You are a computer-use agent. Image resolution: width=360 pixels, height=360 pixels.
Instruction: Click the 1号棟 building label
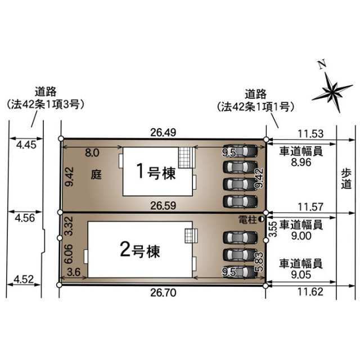pyautogui.click(x=156, y=172)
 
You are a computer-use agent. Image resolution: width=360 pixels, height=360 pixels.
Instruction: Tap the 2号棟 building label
pyautogui.click(x=139, y=250)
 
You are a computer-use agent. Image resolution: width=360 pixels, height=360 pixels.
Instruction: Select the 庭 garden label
pyautogui.click(x=96, y=174)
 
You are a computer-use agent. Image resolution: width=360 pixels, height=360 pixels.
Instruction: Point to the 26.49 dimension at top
pyautogui.click(x=163, y=133)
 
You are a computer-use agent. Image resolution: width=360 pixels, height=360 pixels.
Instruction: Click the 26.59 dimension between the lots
pyautogui.click(x=163, y=206)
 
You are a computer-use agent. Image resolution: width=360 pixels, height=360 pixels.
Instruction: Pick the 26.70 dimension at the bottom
pyautogui.click(x=163, y=292)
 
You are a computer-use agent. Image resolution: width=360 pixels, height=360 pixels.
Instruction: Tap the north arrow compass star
pyautogui.click(x=332, y=92)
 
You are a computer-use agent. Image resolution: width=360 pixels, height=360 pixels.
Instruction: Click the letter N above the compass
pyautogui.click(x=322, y=64)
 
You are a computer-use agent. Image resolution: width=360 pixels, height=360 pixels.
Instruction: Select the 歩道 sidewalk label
pyautogui.click(x=346, y=179)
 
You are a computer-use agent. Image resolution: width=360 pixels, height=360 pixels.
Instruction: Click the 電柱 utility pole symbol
pyautogui.click(x=261, y=219)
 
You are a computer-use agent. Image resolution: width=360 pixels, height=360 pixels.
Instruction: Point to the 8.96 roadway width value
pyautogui.click(x=301, y=163)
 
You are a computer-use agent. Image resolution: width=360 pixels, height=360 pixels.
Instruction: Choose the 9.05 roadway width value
pyautogui.click(x=301, y=274)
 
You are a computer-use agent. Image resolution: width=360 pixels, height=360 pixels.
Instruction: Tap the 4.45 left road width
pyautogui.click(x=26, y=145)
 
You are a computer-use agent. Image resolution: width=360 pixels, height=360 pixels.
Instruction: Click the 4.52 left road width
pyautogui.click(x=24, y=280)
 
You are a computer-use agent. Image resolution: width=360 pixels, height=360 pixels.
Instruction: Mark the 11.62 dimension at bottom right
pyautogui.click(x=310, y=292)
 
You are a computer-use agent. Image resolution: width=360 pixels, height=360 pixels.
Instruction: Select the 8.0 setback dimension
pyautogui.click(x=92, y=152)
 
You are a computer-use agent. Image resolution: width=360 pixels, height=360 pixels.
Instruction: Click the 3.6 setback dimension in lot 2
pyautogui.click(x=74, y=272)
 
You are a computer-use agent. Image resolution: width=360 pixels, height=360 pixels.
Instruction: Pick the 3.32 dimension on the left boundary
pyautogui.click(x=69, y=226)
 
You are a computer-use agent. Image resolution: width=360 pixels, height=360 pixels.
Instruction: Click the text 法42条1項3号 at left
pyautogui.click(x=46, y=105)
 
